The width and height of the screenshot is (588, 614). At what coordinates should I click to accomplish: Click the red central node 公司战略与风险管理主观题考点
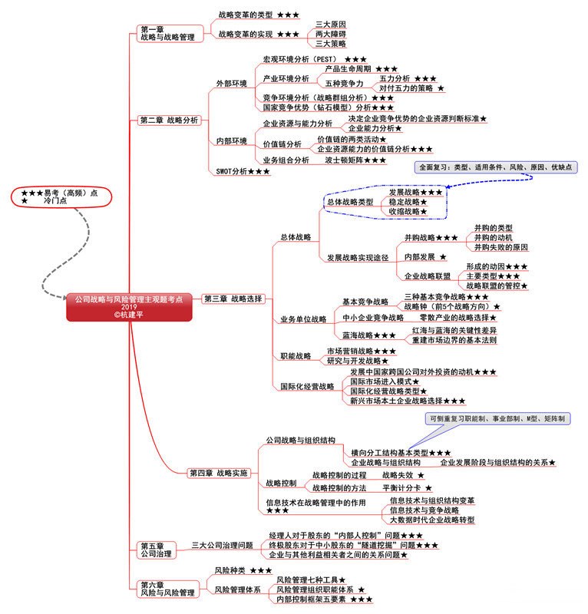(x=128, y=305)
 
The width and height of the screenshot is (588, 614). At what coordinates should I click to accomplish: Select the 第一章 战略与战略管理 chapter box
(x=167, y=33)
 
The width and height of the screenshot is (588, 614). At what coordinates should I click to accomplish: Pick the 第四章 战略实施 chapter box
(x=219, y=473)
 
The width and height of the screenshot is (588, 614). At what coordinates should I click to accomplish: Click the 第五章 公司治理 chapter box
(x=156, y=550)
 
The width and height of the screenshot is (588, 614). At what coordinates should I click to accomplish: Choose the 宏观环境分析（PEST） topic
(x=306, y=59)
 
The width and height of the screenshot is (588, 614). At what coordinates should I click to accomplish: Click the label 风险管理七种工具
(x=311, y=579)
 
